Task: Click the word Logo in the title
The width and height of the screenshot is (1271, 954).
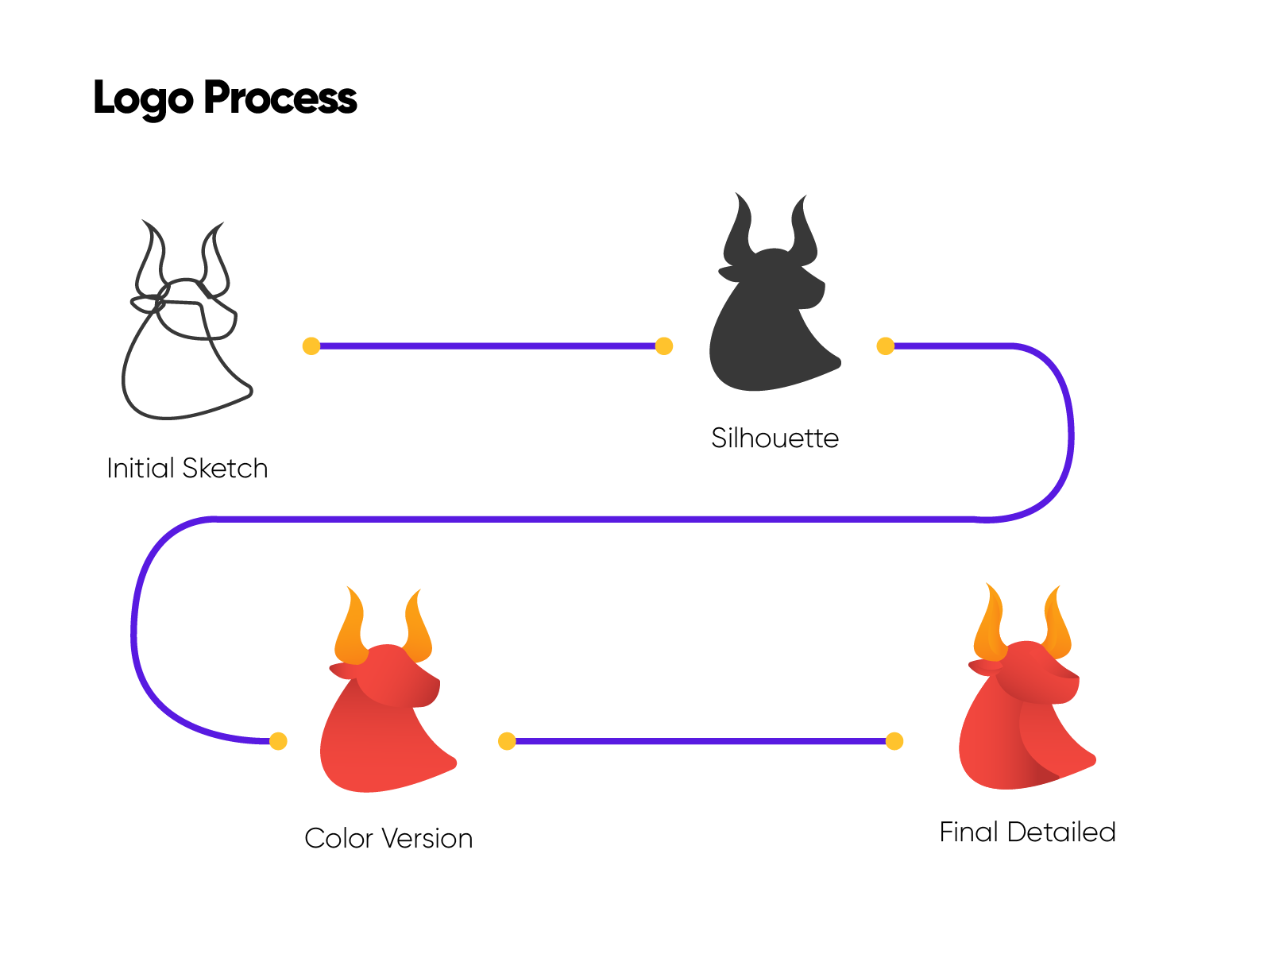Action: coord(143,98)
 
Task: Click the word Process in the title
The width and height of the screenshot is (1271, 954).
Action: coord(280,98)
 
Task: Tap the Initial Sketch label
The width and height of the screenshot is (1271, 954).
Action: coord(187,469)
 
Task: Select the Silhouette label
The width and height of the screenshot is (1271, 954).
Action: coord(775,438)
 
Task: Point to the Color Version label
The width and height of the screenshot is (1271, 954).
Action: coord(388,839)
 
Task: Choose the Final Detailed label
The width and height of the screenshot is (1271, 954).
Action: coord(1027,832)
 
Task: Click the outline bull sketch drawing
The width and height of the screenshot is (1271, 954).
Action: coord(184,334)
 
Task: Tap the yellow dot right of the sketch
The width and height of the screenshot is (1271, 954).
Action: coord(311,346)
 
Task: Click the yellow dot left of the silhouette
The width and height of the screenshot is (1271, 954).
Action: coord(664,346)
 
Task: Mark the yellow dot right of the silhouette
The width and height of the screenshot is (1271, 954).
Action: coord(885,346)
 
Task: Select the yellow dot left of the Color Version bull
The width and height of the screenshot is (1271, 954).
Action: coord(278,741)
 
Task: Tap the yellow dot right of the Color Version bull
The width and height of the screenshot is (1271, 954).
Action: coord(507,741)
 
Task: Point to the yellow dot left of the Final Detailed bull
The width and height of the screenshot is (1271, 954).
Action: coord(894,741)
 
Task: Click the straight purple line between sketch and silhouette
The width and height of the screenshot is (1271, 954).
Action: coord(488,346)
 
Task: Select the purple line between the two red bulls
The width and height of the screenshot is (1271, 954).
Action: coord(701,741)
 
